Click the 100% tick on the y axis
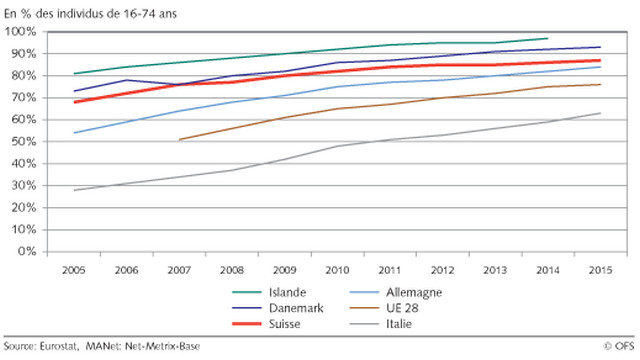tap(20, 31)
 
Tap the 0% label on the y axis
tap(27, 251)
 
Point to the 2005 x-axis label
tap(74, 270)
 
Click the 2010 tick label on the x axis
tap(337, 270)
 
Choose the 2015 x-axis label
tap(601, 270)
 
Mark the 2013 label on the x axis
tap(495, 270)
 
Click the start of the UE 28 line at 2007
tap(180, 140)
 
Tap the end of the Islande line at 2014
tap(548, 38)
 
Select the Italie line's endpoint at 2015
tap(600, 113)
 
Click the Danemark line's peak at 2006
tap(127, 80)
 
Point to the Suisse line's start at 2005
tap(74, 102)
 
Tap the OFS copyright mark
tap(620, 347)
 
